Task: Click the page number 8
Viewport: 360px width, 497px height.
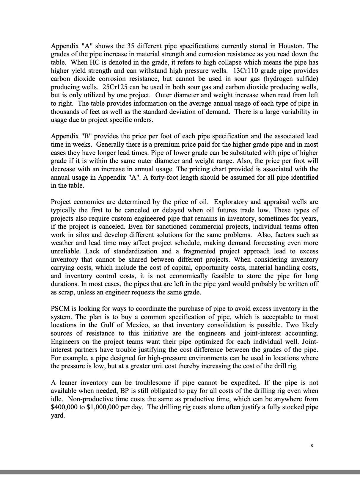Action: point(312,446)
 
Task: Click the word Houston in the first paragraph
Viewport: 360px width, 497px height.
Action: point(289,46)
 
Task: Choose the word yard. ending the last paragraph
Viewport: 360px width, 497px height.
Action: point(58,416)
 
